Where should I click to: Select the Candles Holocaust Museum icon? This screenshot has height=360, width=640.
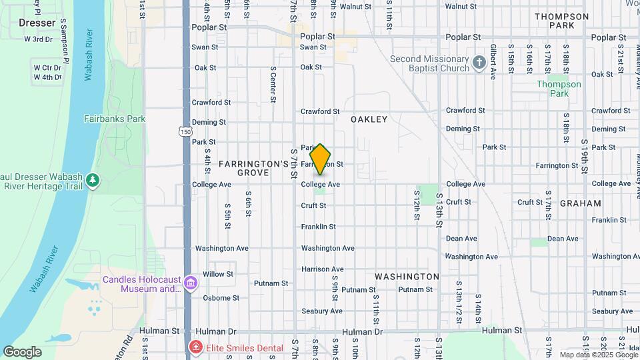pos(191,284)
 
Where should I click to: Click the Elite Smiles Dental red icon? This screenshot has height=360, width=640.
pos(195,346)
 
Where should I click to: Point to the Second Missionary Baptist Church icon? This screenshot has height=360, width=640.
pos(479,63)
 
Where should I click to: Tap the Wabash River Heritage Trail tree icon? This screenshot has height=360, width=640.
pos(92,181)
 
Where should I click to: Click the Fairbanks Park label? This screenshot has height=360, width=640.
pos(114,119)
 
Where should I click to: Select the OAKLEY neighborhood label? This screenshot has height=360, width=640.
pos(369,119)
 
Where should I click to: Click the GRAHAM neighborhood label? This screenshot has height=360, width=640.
pos(581,203)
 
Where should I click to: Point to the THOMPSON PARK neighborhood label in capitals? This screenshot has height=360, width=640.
pos(561,21)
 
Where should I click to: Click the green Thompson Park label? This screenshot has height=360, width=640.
pos(559,89)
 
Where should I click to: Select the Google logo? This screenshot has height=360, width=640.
pos(22,351)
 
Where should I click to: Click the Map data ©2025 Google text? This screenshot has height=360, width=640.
pos(597,355)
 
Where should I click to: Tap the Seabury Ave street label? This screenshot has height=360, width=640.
pos(321,311)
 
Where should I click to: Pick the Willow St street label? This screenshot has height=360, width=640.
pos(218,274)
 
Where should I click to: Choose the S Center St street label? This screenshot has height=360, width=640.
pos(273,84)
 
